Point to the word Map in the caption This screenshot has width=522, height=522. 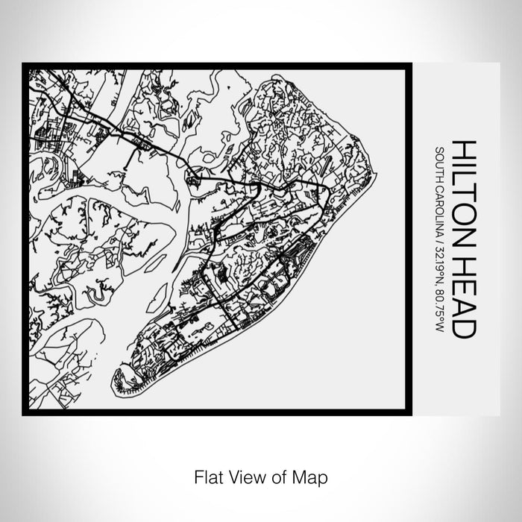point(312,476)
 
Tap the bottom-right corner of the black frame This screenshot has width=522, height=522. point(409,412)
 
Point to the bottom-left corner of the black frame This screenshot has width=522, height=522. point(25,412)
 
